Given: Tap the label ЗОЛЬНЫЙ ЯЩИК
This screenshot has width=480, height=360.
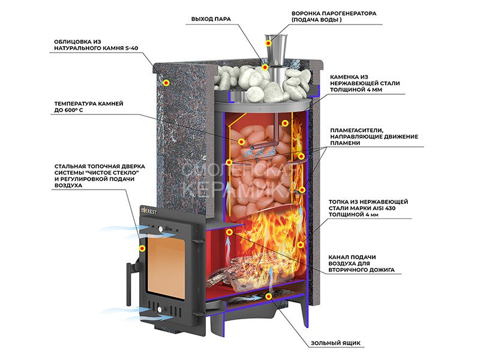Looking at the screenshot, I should click(335, 343).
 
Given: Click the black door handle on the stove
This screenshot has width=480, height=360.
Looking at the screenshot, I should click(128, 278).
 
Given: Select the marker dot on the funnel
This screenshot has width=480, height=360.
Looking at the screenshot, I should click(268, 42).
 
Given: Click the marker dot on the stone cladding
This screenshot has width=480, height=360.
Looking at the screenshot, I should click(167, 82).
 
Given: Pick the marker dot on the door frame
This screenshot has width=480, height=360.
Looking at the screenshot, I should click(142, 247).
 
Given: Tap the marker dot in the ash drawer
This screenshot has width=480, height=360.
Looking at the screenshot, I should click(268, 296).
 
